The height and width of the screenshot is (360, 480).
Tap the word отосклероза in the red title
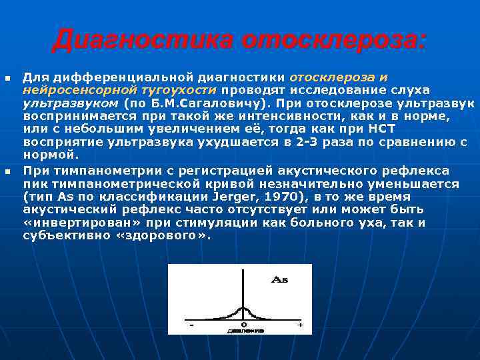[x=333, y=40]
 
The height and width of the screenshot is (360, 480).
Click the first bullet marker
[x=7, y=79]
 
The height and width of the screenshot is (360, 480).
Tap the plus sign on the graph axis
[x=299, y=325]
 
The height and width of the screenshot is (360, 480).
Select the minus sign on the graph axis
[x=192, y=325]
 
